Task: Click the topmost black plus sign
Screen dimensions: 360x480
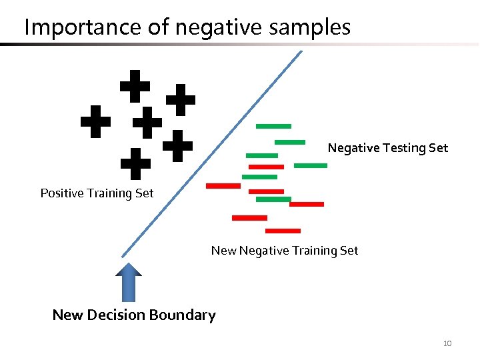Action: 135,85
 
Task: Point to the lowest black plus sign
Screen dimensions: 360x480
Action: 135,164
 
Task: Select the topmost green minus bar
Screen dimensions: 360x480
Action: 273,126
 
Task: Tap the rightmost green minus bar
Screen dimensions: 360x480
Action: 311,165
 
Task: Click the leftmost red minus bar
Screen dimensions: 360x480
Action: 223,185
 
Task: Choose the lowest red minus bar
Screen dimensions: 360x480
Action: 283,231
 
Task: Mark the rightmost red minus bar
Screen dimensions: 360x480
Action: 307,204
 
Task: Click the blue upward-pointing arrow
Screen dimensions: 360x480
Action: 129,282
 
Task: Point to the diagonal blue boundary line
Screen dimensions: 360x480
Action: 212,153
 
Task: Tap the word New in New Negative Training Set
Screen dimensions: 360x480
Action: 223,251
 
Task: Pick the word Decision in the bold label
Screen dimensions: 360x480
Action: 116,315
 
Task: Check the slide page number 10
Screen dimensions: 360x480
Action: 447,343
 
